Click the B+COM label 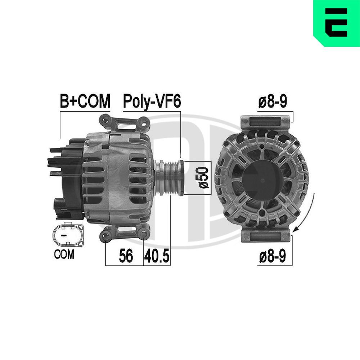85,102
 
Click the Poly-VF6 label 152,102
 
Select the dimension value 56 126,256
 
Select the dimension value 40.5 157,256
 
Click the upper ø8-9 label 273,102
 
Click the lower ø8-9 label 273,257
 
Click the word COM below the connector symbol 64,254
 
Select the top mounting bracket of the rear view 266,121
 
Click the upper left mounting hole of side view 105,118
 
